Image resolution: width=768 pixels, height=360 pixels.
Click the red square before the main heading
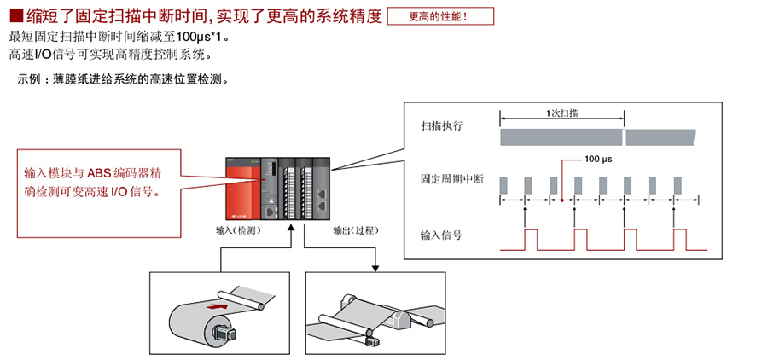point(15,16)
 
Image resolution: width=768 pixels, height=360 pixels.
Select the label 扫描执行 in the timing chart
point(441,125)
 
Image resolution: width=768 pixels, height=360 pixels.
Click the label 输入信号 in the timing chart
point(441,235)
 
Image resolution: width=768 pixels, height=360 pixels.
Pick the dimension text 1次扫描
point(561,113)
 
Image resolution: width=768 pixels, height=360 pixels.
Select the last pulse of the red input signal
point(678,239)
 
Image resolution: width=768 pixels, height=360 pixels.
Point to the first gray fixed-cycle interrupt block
point(503,184)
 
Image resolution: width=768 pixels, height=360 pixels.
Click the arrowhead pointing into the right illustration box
point(375,267)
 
